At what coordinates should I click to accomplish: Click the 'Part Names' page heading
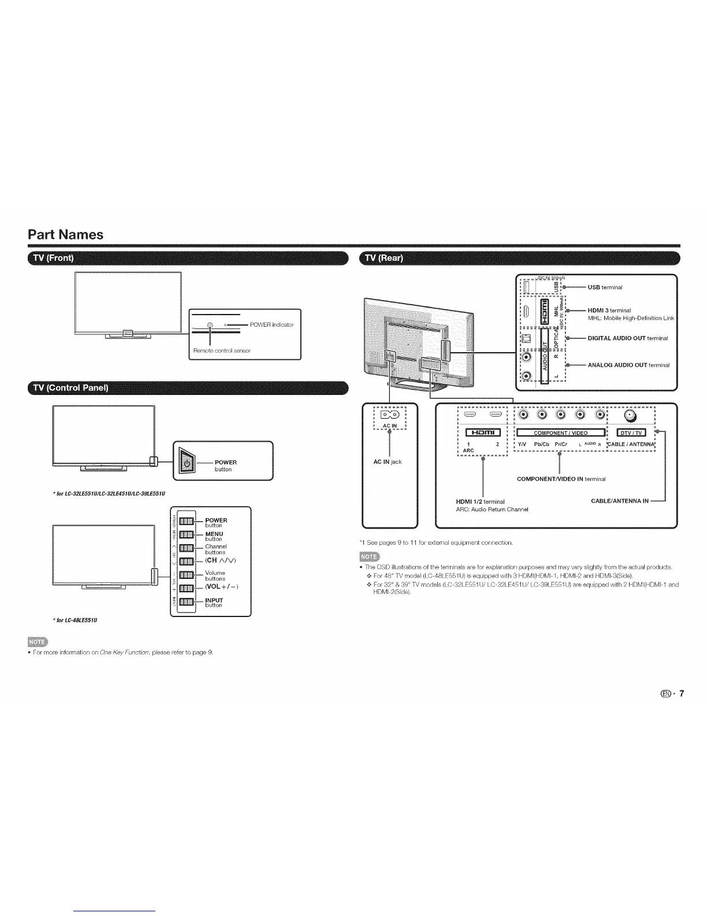point(66,235)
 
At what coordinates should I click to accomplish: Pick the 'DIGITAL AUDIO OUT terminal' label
point(627,338)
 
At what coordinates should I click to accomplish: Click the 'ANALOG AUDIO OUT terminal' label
point(628,365)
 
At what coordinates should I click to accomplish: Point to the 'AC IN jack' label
point(387,461)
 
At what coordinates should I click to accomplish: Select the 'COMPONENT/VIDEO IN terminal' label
point(561,479)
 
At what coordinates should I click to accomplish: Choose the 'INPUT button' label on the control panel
point(214,603)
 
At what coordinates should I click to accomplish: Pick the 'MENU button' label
point(214,536)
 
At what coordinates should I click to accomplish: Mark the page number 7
point(682,694)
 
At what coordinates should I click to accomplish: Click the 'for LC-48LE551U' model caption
point(77,620)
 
